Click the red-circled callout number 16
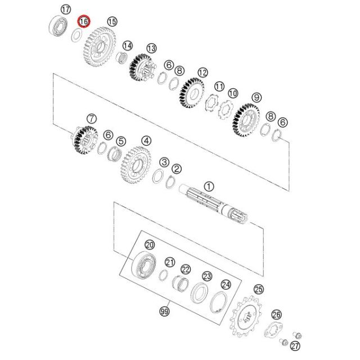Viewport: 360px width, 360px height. coord(84,21)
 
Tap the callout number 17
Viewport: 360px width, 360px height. coord(66,10)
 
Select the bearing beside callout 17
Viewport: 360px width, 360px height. coord(58,25)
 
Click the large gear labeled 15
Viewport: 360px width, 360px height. coord(99,47)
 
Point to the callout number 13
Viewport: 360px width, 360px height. coord(151,48)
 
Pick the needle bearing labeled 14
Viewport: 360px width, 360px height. coord(123,58)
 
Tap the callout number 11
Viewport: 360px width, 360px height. coord(219,87)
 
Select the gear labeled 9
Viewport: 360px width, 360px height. coord(246,120)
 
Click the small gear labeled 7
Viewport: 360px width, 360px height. coord(84,140)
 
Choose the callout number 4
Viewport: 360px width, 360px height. coord(146,141)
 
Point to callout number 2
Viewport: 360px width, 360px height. coord(177,169)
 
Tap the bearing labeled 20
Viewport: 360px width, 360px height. coord(144,265)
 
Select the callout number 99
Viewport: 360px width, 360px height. coord(165,311)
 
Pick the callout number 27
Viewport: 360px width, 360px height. coord(295,346)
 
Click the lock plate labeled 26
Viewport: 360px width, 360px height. coord(273,330)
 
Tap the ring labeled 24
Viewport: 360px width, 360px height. coord(218,301)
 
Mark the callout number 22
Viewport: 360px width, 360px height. coord(186,269)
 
